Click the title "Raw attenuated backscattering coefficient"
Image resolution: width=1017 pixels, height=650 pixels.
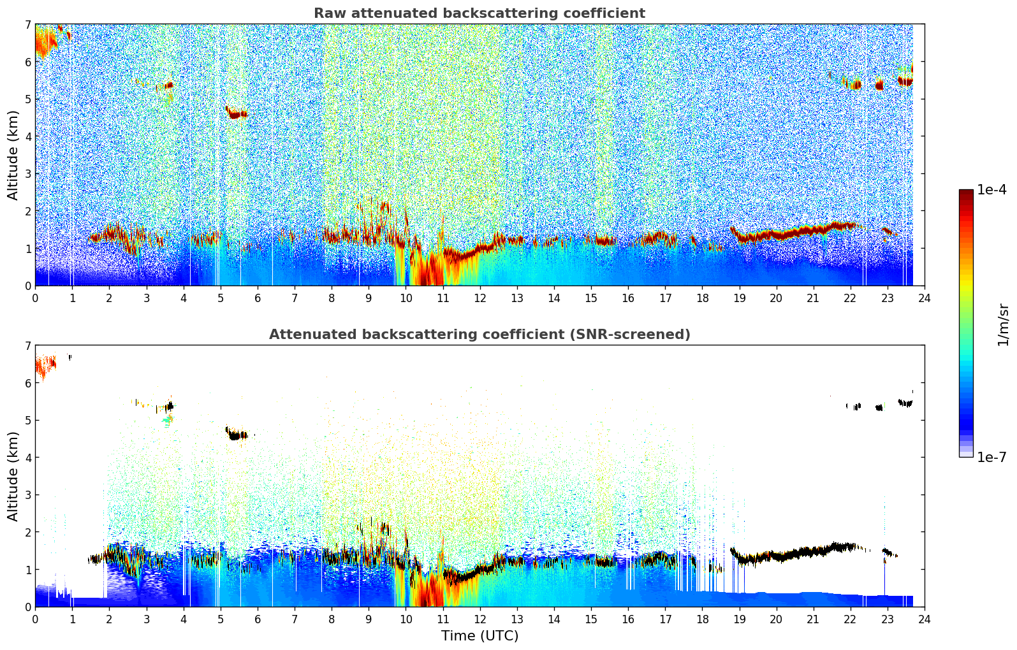coord(479,13)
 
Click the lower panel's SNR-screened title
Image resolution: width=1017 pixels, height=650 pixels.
coord(479,335)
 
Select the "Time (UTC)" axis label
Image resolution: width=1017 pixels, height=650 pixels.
coord(479,636)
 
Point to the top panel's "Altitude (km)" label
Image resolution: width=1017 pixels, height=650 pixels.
coord(13,155)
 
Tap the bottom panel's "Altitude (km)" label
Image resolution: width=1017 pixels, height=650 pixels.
coord(13,476)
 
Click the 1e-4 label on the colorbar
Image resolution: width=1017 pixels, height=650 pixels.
coord(991,190)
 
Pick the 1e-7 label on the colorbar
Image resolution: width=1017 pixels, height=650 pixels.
coord(991,457)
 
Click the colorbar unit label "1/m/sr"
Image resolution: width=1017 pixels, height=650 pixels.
coord(1003,324)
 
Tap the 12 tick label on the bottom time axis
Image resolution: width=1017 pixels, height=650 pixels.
coord(479,619)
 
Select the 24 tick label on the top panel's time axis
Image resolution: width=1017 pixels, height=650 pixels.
coord(924,298)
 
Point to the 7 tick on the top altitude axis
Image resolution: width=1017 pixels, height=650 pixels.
coord(27,25)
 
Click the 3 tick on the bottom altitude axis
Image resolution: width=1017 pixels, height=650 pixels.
coord(27,495)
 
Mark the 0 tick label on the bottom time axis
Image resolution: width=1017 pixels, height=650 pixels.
coord(35,619)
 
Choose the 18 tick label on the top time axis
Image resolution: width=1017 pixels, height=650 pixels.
coord(702,298)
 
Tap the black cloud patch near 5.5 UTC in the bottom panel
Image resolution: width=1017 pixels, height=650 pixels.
coord(238,436)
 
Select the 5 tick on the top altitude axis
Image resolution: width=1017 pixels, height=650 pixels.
coord(27,99)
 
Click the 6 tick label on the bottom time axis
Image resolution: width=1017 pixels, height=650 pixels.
coord(258,619)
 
